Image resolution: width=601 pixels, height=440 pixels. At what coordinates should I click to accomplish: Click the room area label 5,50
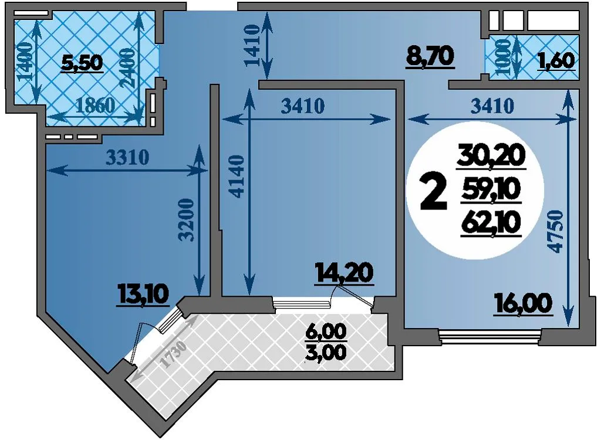82,63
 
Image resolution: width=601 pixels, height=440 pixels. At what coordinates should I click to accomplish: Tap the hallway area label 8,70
430,57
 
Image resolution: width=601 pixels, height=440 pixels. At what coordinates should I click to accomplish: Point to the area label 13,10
144,296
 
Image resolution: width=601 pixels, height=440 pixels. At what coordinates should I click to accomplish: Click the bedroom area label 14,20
344,273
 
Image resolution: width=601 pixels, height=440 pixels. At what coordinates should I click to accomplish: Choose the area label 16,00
523,304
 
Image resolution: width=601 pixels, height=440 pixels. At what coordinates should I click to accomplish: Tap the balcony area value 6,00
326,332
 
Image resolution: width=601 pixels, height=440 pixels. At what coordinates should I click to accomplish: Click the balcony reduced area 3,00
326,352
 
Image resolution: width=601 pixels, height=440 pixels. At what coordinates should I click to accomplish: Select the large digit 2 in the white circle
434,191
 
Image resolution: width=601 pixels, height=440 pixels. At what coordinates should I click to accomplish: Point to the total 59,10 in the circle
491,190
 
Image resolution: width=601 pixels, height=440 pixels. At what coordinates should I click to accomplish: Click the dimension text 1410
252,45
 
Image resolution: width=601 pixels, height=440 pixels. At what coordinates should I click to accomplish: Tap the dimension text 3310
127,157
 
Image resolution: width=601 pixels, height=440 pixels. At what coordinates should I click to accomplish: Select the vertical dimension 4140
238,176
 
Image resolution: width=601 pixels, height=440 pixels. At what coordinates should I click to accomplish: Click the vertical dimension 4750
556,231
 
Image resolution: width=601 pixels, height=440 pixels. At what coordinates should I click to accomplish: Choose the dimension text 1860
95,106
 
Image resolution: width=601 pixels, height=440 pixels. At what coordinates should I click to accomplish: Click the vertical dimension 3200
187,219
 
